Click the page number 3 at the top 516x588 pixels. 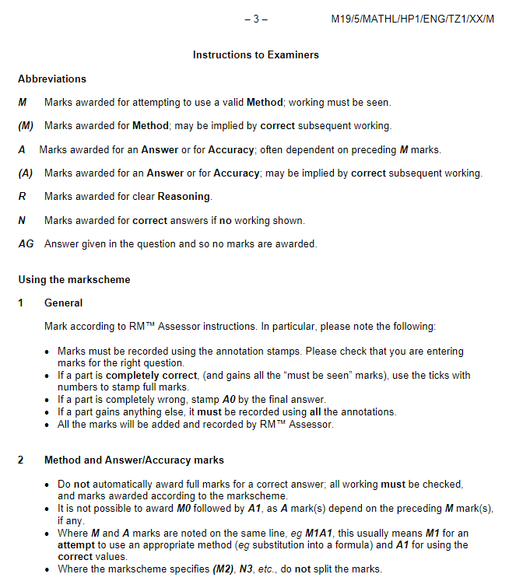coord(255,19)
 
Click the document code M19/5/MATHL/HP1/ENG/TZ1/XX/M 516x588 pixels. coord(412,19)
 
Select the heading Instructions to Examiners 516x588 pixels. coord(256,55)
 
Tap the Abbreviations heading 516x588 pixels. coord(52,79)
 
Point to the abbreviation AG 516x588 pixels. coord(26,243)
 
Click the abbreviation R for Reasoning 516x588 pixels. coord(22,196)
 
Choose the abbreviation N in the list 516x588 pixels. coord(22,220)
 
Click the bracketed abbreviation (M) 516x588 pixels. coord(26,125)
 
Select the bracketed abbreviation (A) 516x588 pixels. coord(26,173)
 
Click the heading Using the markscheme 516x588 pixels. coord(74,279)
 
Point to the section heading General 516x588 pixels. coord(63,303)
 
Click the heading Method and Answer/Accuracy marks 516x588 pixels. coord(134,460)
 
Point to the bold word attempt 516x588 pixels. coord(76,545)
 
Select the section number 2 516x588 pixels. coord(21,460)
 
